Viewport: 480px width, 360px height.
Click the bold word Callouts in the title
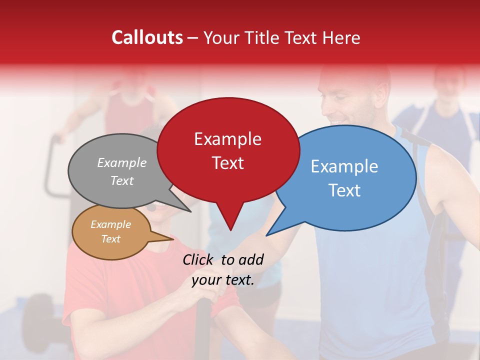147,38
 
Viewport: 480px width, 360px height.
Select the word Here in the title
341,38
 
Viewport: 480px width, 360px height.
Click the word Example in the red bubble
227,139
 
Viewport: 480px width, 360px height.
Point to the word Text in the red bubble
227,163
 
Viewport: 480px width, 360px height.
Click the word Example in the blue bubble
344,166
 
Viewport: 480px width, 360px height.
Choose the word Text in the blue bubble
344,190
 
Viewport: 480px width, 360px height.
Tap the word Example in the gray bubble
122,162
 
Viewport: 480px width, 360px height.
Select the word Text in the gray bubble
122,180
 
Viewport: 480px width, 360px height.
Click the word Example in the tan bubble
111,224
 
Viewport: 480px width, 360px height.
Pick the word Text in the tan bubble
111,239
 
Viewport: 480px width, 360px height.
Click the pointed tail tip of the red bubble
230,230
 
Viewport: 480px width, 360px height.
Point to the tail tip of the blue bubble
267,235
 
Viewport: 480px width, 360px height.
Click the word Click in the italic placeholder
198,259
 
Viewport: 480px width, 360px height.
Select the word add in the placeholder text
251,259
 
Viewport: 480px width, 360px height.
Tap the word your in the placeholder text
206,280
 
